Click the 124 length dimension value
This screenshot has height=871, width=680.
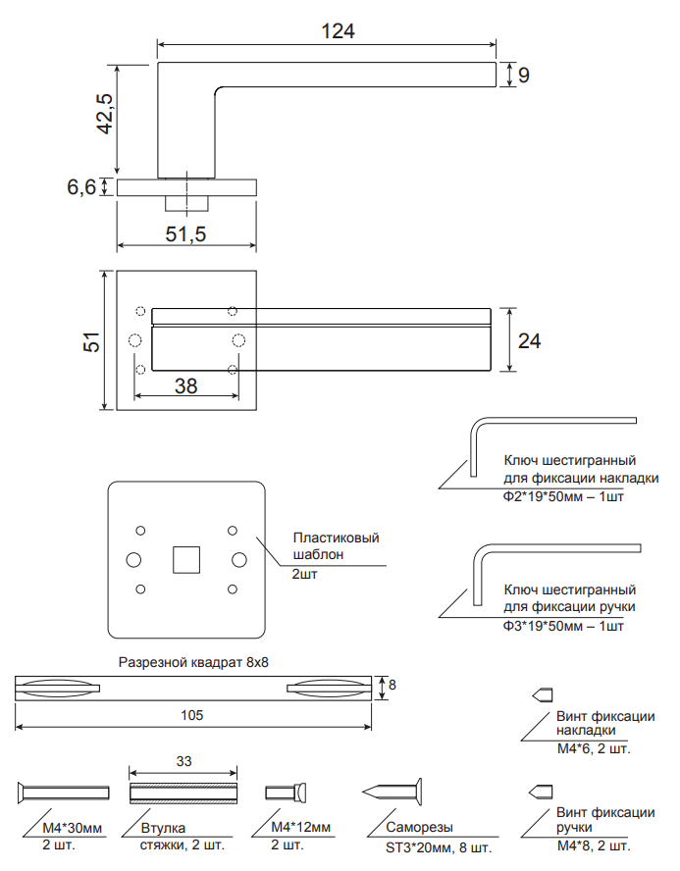point(338,30)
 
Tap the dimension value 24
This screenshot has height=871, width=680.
point(529,340)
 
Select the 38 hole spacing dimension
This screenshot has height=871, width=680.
point(185,385)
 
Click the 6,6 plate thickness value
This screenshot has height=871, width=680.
point(81,186)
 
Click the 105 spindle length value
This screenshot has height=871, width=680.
point(192,715)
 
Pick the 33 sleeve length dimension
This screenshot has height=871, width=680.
point(183,761)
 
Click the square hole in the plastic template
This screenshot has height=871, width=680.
point(185,559)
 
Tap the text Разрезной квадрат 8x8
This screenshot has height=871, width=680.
point(193,662)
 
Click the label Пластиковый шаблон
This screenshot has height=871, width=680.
point(335,545)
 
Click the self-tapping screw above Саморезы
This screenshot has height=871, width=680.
point(395,790)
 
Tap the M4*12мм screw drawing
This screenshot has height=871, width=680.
point(288,792)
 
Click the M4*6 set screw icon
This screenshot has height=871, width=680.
point(541,694)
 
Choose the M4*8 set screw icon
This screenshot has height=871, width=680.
point(541,792)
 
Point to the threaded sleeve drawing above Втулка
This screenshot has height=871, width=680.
point(183,792)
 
